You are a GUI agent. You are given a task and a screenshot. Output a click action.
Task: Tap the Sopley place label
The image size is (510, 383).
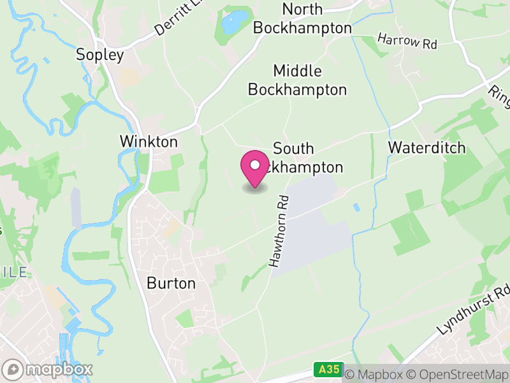[x=99, y=55]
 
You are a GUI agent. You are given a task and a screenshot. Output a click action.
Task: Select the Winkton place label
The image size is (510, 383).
[x=149, y=141]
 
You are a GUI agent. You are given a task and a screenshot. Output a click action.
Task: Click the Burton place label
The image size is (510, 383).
[x=171, y=283]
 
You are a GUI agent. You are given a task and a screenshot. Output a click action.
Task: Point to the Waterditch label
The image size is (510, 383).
[x=426, y=148]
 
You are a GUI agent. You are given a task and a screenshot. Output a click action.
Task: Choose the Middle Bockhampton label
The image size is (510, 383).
[x=297, y=80]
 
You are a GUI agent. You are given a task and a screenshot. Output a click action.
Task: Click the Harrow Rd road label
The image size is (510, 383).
[x=407, y=41]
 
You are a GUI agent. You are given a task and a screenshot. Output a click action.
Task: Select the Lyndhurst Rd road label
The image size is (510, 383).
[x=475, y=310]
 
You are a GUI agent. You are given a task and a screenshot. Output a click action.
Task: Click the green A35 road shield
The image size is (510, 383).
[x=328, y=370]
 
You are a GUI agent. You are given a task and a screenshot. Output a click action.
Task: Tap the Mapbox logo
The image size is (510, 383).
[x=48, y=369]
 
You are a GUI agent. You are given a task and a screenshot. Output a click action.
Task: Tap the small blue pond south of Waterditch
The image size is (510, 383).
[x=355, y=208]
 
